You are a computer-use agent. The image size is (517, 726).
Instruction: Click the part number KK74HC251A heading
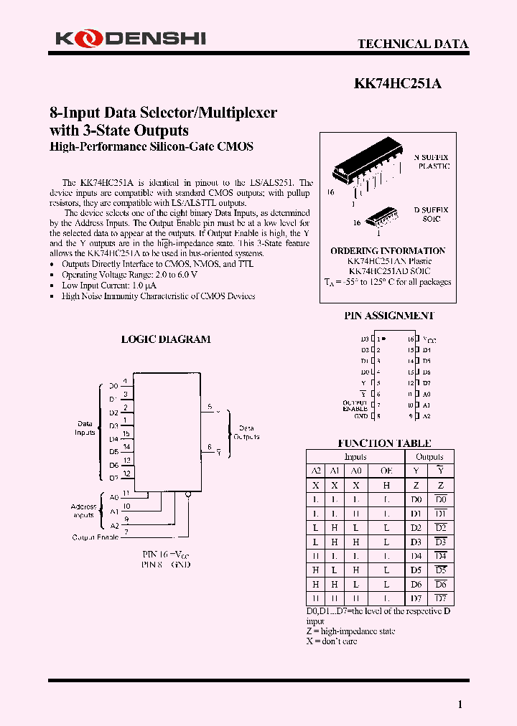coord(398,83)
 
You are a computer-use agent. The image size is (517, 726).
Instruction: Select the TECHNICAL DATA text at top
coord(413,44)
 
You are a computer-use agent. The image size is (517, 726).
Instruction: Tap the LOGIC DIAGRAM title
coord(166,339)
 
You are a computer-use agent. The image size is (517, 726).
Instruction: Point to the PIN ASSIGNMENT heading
coord(388,316)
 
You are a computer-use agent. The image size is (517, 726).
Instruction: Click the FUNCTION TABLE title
coord(384,443)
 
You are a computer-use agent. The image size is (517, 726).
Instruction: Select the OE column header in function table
coord(386,471)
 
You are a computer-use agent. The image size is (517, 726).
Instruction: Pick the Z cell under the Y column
coord(416,486)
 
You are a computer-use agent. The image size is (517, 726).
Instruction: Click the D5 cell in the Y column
coord(416,570)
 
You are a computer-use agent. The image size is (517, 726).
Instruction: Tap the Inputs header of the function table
coord(355,457)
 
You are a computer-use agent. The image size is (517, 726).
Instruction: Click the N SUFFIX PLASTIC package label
coord(432,161)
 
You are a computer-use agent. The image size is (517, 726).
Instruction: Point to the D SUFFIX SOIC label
coord(431,214)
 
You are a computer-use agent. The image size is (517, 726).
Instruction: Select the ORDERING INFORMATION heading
coord(388,251)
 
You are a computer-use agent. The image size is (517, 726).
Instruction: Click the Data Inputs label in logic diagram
coord(85,428)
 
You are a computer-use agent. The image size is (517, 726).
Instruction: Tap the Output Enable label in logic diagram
coord(95,537)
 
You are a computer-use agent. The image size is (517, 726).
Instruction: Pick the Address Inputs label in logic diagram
coord(83,510)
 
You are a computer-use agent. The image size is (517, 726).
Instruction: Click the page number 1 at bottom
coord(460,704)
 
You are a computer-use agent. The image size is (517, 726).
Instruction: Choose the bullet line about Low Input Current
coord(108,286)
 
